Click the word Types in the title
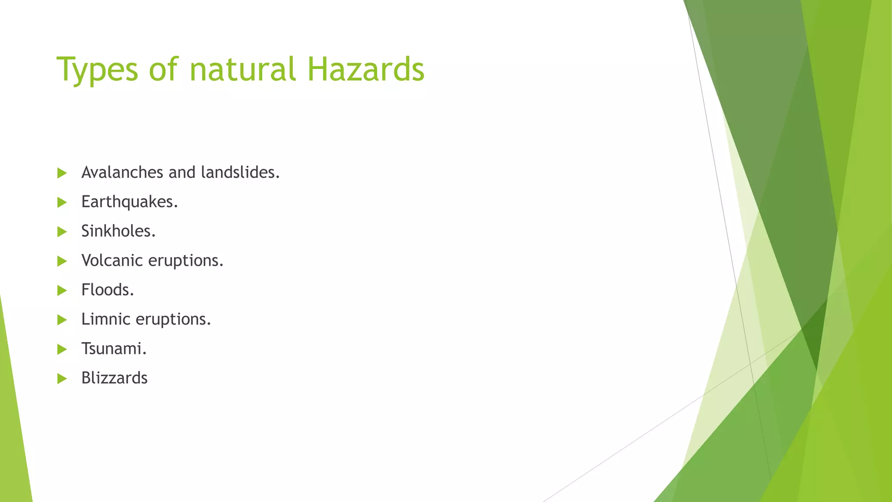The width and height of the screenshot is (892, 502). tap(97, 70)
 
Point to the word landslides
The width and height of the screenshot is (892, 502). tap(240, 173)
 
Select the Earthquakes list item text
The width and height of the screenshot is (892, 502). tap(129, 202)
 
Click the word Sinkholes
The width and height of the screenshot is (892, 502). tap(118, 231)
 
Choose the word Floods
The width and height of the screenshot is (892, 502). tap(107, 290)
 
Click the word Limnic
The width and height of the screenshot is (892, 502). tap(105, 319)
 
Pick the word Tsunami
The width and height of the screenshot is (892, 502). tap(114, 349)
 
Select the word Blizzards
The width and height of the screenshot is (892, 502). tap(114, 378)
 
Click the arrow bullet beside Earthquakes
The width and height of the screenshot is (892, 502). tap(62, 202)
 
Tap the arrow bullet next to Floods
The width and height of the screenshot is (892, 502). tap(62, 290)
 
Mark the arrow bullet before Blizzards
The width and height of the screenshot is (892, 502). tap(62, 378)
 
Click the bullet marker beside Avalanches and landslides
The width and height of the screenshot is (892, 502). tap(62, 173)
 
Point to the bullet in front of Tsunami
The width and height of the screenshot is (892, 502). tap(62, 349)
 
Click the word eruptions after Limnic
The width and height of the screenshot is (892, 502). tap(173, 320)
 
